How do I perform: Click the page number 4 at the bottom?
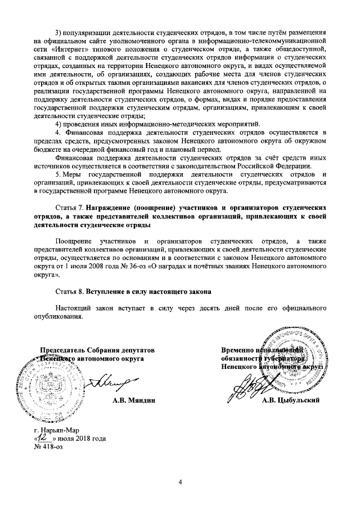[x=181, y=483]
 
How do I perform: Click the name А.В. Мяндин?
[x=133, y=400]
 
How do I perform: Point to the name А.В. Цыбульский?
[x=291, y=400]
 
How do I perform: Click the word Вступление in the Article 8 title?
[x=108, y=291]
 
